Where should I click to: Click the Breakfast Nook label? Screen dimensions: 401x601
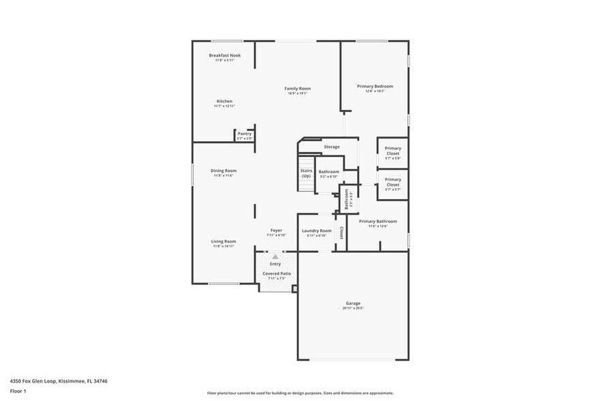pyautogui.click(x=224, y=55)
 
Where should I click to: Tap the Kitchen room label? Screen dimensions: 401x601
pyautogui.click(x=224, y=101)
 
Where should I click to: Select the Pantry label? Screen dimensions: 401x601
pyautogui.click(x=244, y=134)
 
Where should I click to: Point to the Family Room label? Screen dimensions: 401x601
pyautogui.click(x=297, y=89)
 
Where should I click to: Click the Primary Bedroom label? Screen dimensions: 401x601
pyautogui.click(x=375, y=87)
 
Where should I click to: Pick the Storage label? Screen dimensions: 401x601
pyautogui.click(x=331, y=147)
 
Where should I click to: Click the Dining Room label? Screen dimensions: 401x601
pyautogui.click(x=224, y=170)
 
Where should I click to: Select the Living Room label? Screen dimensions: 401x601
pyautogui.click(x=224, y=241)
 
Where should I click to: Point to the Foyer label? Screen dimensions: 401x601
pyautogui.click(x=276, y=231)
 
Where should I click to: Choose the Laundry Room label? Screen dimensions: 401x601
pyautogui.click(x=317, y=231)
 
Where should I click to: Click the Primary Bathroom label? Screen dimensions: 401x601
pyautogui.click(x=377, y=221)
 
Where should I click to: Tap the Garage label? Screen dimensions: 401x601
pyautogui.click(x=352, y=303)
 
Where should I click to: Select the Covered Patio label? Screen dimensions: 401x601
pyautogui.click(x=277, y=273)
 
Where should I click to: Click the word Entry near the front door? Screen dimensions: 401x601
pyautogui.click(x=275, y=264)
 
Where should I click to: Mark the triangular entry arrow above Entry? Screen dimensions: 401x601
pyautogui.click(x=275, y=256)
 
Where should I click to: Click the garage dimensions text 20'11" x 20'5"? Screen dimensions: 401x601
pyautogui.click(x=352, y=308)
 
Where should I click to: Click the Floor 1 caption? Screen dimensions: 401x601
pyautogui.click(x=18, y=391)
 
